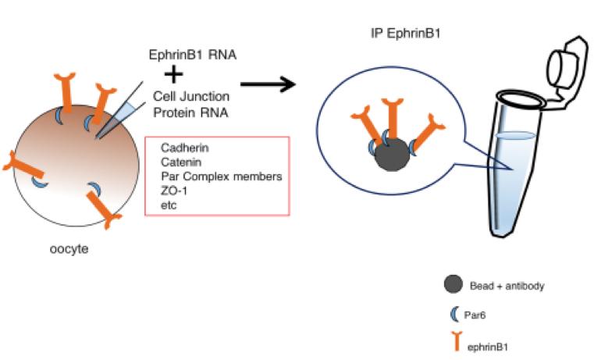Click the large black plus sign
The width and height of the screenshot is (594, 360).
pos(175,74)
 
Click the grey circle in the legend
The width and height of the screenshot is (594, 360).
pos(451,285)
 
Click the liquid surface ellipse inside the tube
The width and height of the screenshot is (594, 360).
pos(514,135)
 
